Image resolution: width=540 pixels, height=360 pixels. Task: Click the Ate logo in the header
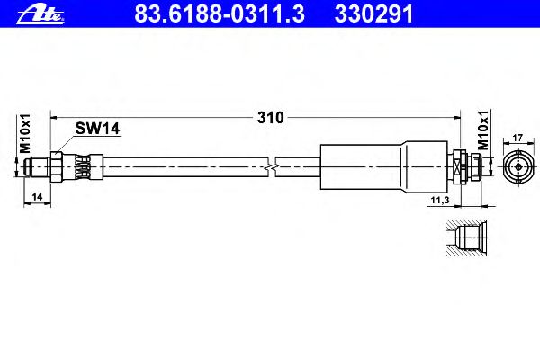point(40,13)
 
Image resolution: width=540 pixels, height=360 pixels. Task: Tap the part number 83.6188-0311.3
point(220,13)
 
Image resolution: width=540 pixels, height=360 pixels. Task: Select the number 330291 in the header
point(373,13)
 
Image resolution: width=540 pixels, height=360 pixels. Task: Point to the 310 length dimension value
point(271,118)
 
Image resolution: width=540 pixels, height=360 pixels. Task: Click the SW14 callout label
point(97,129)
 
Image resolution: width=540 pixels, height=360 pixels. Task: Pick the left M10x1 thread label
point(25,134)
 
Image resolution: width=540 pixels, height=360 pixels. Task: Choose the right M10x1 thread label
point(483,130)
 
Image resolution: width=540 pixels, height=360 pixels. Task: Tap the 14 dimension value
point(37,197)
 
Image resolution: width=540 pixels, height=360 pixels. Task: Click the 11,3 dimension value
point(440,200)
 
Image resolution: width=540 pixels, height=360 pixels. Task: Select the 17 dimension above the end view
point(517,138)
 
